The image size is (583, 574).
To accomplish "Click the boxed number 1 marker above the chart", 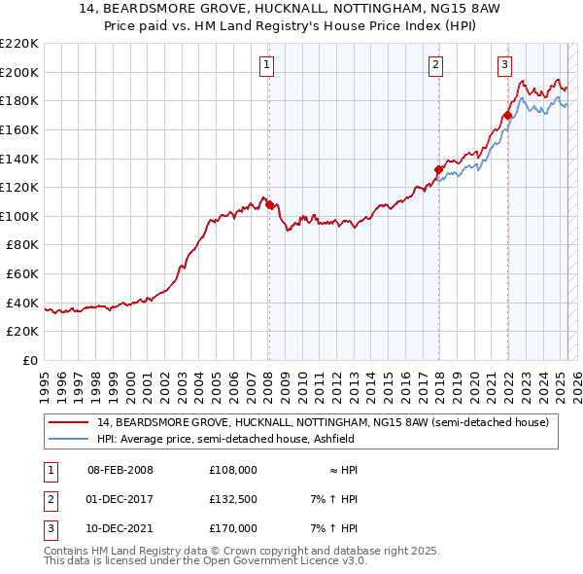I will (266, 65).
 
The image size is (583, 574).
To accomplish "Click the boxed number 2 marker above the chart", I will (436, 65).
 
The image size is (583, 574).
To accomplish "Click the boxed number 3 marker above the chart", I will (505, 65).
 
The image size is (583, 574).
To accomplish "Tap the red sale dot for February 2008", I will (269, 204).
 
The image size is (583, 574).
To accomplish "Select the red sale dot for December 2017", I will (438, 169).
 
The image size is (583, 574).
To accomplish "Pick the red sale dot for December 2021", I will (507, 115).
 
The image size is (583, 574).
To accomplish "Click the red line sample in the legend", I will (69, 422).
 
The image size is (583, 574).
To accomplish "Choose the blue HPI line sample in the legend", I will (69, 439).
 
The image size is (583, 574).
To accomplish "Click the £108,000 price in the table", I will (232, 470).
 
